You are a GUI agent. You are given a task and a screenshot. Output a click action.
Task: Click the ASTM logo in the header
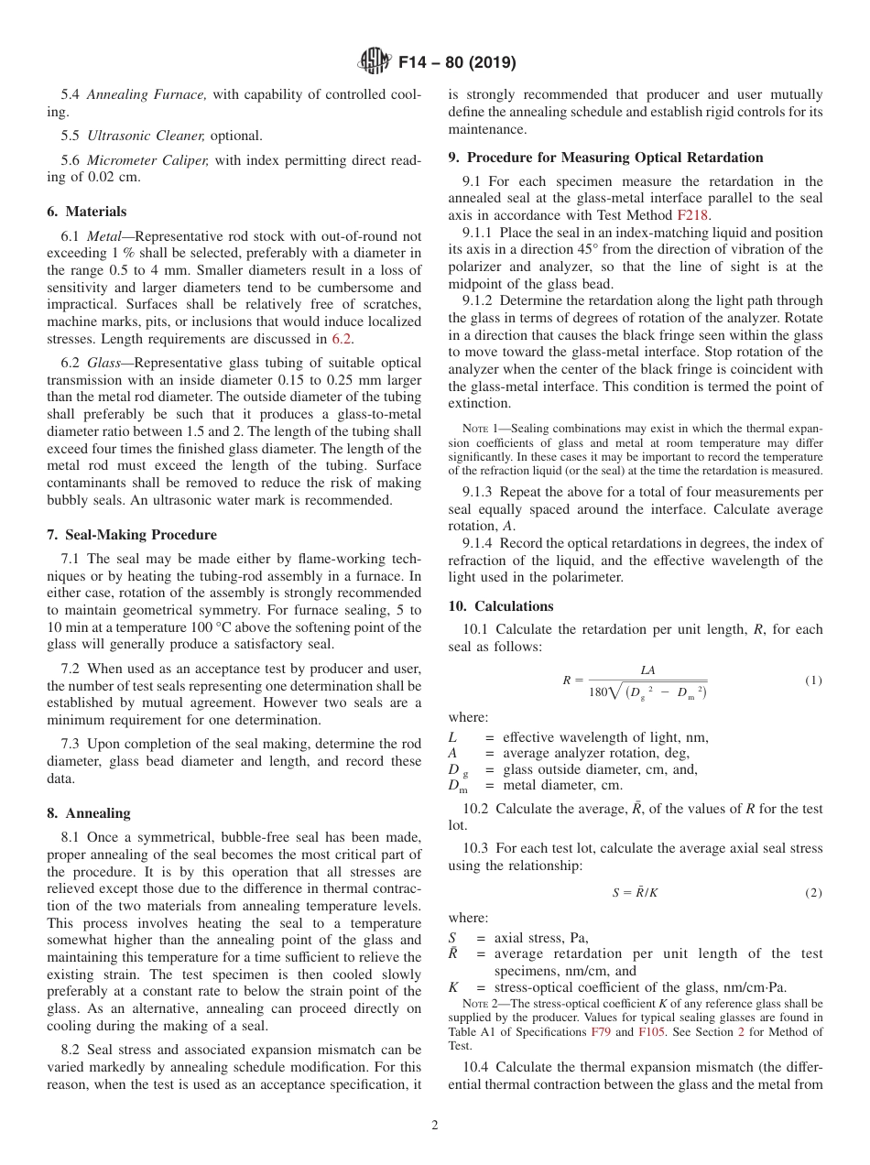374,62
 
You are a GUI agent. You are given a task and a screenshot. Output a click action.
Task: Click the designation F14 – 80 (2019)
457,63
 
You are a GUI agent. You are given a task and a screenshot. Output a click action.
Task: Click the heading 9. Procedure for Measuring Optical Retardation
605,158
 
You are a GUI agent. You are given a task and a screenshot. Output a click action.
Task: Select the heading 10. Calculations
501,606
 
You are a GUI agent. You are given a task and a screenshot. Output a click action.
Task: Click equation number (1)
813,680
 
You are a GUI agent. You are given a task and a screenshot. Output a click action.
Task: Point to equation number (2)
813,893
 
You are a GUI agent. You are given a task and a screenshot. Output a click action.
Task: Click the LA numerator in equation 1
647,670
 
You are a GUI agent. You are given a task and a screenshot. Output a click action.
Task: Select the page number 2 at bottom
435,1126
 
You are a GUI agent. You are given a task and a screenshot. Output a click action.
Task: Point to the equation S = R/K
635,893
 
